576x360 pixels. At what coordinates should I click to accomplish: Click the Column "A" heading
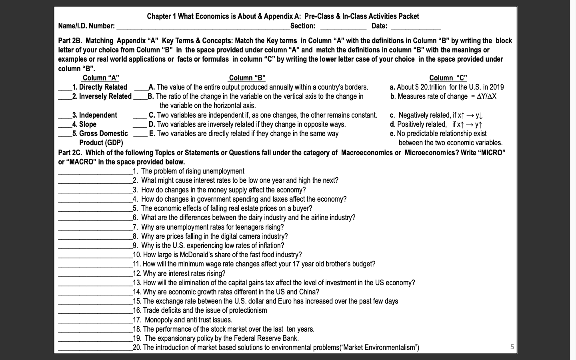[100, 78]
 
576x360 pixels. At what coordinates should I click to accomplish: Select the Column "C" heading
[448, 78]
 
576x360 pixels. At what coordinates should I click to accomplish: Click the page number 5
[512, 347]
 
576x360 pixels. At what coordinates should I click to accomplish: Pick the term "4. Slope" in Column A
[84, 124]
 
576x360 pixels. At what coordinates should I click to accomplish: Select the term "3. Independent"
[95, 115]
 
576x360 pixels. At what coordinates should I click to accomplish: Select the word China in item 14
[309, 292]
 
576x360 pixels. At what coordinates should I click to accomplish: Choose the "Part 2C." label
[70, 153]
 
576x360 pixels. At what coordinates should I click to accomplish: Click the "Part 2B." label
[70, 41]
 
